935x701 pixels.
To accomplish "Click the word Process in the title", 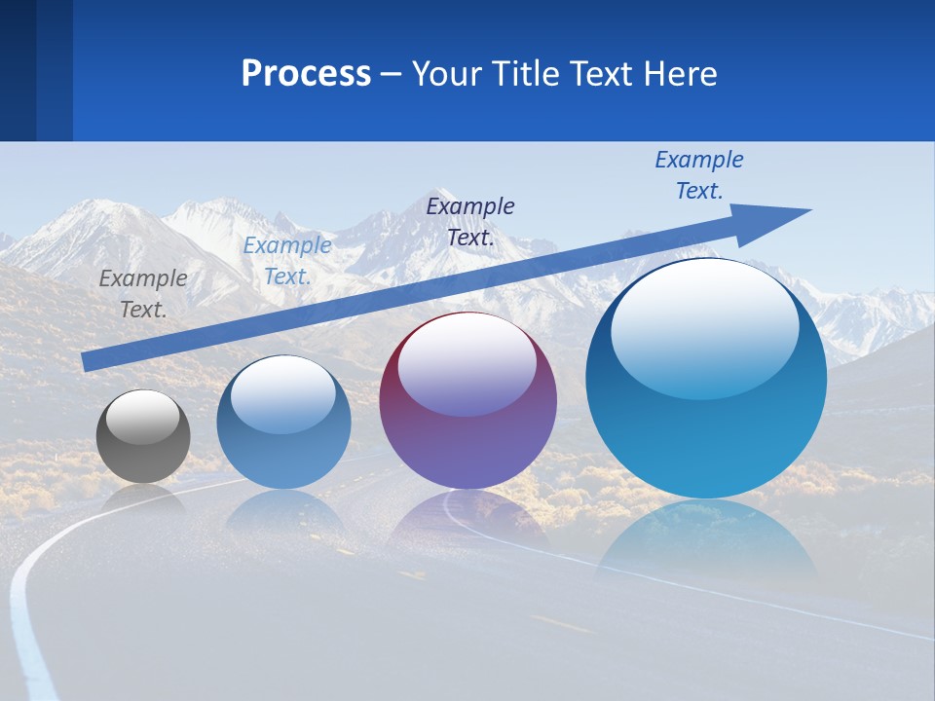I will click(x=306, y=74).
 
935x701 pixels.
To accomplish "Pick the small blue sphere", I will click(x=283, y=448).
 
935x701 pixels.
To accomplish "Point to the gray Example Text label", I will click(x=143, y=293).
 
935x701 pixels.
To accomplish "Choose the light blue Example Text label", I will click(x=287, y=261).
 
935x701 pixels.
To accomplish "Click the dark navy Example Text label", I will click(x=470, y=221).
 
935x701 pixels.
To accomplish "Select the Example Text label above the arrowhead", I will click(x=699, y=174).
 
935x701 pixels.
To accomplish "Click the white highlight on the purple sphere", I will click(x=467, y=365).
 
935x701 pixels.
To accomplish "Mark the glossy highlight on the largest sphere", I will click(x=705, y=326).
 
